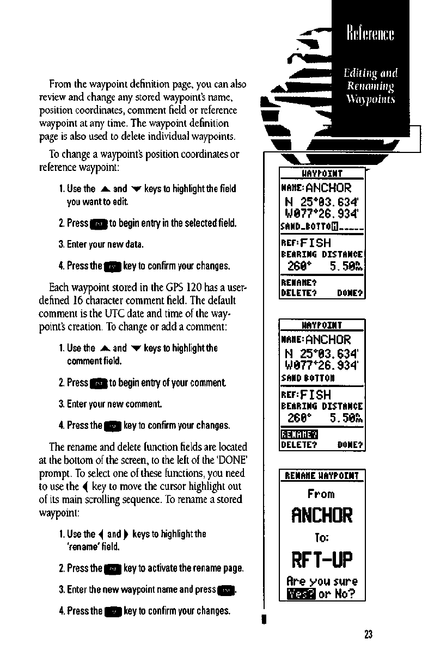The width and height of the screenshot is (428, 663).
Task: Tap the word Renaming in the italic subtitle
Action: pyautogui.click(x=370, y=85)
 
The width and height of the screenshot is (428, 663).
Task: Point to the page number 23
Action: pyautogui.click(x=369, y=634)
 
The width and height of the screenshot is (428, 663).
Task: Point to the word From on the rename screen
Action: pyautogui.click(x=321, y=494)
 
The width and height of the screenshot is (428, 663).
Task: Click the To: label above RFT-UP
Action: pyautogui.click(x=321, y=537)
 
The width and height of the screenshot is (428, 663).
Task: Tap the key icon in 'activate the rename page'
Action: pyautogui.click(x=113, y=569)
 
